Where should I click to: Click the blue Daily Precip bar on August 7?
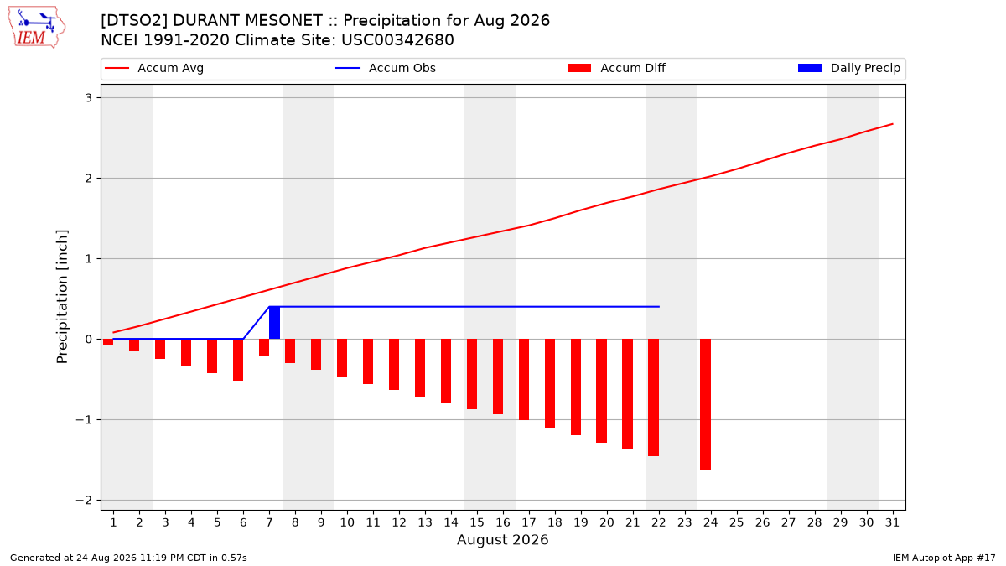274,323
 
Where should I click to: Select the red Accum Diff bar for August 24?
705,404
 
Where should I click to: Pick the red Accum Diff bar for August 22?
653,397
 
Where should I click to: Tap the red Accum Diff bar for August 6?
238,360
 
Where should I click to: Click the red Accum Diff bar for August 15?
471,374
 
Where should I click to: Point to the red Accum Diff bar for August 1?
108,342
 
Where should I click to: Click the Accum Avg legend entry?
154,68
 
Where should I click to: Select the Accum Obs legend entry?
386,68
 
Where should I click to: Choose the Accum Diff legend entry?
617,68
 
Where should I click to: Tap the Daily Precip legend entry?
848,68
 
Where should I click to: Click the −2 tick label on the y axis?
84,501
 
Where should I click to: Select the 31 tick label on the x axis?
892,522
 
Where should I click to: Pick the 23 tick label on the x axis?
684,522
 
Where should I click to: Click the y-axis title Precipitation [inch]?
62,297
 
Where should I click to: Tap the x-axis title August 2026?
502,539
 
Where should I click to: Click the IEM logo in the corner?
36,28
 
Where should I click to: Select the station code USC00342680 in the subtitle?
397,40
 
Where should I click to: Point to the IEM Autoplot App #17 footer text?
944,558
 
